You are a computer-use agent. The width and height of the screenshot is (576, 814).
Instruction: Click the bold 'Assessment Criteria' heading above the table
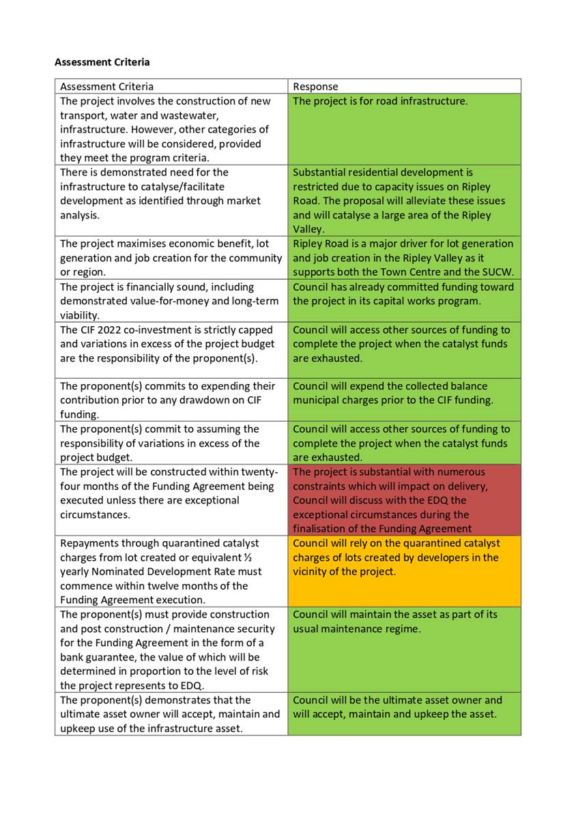(x=102, y=62)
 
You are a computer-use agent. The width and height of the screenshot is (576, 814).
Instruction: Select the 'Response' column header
(x=315, y=87)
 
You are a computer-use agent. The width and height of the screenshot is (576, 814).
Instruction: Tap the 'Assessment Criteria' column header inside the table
(x=106, y=87)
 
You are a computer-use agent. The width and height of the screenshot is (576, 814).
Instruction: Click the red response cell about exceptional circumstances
(x=404, y=500)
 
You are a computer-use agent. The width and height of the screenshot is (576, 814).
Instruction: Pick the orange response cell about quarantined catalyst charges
(x=404, y=572)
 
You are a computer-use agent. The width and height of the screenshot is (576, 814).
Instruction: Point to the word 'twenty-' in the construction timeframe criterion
(x=259, y=472)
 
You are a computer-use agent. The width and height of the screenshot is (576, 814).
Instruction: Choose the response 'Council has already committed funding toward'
(x=403, y=287)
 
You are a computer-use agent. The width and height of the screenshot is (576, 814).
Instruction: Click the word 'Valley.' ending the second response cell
(x=309, y=229)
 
